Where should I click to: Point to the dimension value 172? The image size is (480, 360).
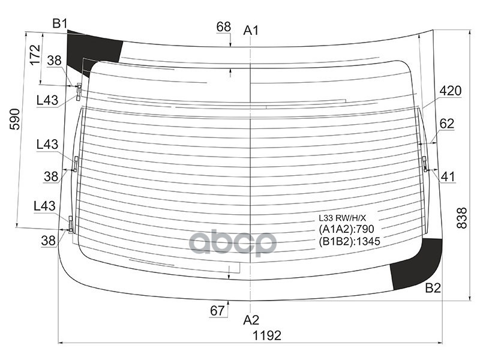point(35,55)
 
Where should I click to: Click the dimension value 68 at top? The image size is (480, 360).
point(223,26)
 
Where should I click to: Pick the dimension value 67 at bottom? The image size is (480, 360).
point(217,310)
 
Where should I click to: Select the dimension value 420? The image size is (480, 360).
point(450,91)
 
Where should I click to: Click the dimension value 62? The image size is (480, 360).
point(447,124)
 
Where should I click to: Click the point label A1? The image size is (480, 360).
point(251,30)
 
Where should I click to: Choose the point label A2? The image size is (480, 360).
point(251,319)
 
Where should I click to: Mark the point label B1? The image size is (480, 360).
point(59,23)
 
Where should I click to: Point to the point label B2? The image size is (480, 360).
point(433,288)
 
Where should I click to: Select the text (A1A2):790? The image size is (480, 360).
point(346,229)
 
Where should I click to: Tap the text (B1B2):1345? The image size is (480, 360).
point(350,241)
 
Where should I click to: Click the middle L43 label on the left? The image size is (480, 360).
point(47,144)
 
